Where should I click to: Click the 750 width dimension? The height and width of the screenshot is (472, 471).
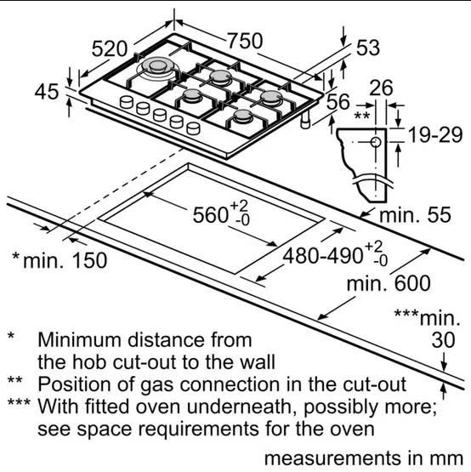click(245, 41)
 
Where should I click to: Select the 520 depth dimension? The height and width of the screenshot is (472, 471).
click(110, 48)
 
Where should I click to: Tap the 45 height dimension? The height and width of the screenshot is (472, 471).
click(47, 92)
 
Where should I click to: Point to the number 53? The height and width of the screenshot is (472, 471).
click(368, 48)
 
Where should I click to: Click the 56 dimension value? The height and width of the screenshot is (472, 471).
click(338, 102)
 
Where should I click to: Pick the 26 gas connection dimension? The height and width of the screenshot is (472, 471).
click(381, 88)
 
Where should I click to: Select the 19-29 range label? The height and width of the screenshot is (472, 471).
click(435, 135)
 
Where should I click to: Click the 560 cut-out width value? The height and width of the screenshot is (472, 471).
click(211, 215)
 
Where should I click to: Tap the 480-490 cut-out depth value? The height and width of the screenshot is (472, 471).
click(322, 257)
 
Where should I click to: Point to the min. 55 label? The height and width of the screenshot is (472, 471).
click(416, 215)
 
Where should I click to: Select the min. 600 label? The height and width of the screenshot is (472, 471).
click(389, 283)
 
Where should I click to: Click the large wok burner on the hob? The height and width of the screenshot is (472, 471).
click(157, 68)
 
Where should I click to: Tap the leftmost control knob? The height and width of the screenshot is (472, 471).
click(127, 102)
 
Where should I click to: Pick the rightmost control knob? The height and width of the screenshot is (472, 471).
click(193, 128)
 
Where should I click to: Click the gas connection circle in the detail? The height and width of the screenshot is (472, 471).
click(376, 142)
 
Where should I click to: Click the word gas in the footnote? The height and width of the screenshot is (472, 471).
click(156, 385)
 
